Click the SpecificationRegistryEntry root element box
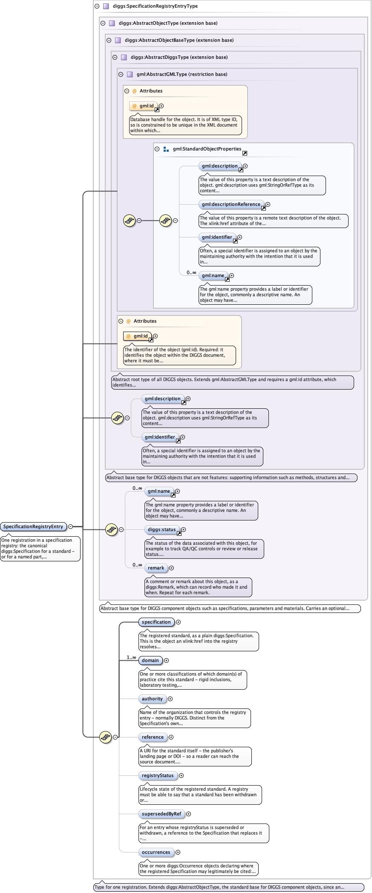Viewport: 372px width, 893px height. point(34,527)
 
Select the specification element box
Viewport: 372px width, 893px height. point(156,622)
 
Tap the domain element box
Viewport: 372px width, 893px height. point(150,661)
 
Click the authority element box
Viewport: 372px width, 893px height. point(152,699)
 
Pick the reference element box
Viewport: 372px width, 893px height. point(153,737)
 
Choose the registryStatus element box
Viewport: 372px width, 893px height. point(158,776)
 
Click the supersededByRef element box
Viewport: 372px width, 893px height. point(161,814)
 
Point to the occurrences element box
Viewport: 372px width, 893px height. point(156,853)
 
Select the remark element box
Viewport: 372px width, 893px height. point(156,568)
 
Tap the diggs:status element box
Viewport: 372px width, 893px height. point(162,530)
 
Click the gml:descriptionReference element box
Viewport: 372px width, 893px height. point(231,205)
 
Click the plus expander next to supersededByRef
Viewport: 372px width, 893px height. point(189,814)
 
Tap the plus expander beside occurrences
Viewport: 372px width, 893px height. point(178,853)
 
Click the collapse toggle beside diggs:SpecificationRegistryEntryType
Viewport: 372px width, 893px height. point(97,6)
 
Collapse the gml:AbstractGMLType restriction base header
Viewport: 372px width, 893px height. point(121,74)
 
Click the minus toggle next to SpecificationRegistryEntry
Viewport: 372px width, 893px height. point(71,527)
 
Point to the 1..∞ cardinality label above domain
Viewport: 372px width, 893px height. point(131,658)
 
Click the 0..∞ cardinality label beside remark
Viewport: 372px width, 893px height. point(137,565)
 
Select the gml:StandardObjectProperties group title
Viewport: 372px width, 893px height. point(207,149)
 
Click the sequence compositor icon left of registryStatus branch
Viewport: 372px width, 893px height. point(106,737)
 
